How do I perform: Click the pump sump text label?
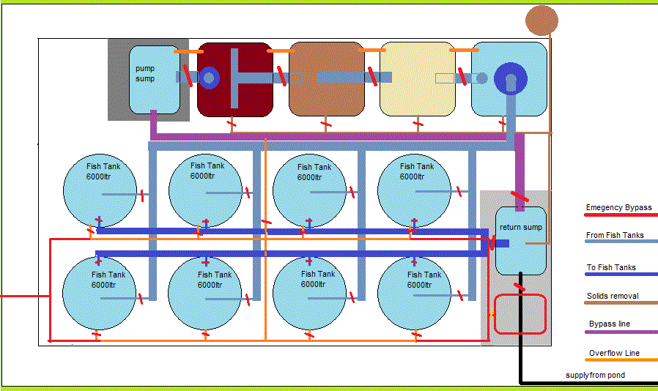tap(145, 73)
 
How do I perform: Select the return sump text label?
tap(521, 227)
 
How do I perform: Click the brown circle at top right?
tap(542, 20)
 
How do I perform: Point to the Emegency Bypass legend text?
tap(619, 207)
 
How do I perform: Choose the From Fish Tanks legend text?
tap(616, 235)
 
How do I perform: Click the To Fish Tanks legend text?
tap(611, 267)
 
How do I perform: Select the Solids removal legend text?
tap(613, 297)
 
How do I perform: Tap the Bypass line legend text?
tap(610, 324)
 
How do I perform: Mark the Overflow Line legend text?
tap(614, 353)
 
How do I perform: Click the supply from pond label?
tap(595, 376)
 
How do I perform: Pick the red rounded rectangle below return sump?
tap(520, 314)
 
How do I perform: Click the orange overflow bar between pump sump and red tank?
tap(189, 51)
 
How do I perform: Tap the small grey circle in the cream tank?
tap(482, 78)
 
